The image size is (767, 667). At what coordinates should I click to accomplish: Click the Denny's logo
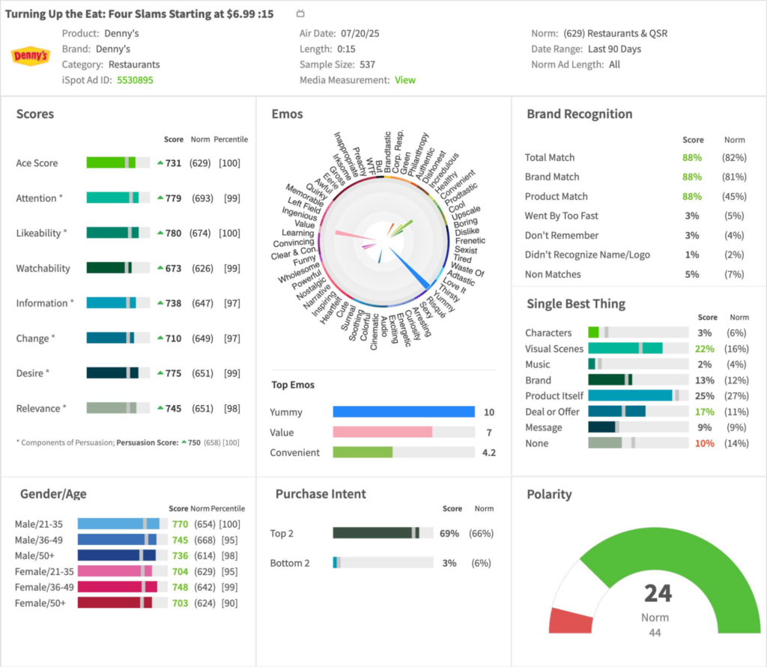[x=31, y=56]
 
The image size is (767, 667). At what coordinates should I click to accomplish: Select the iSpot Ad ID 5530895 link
[x=135, y=79]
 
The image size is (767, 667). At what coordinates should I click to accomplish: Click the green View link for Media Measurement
[x=405, y=79]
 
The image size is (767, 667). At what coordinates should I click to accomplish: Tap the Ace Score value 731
[x=173, y=163]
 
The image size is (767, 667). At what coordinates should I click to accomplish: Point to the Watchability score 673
[x=173, y=268]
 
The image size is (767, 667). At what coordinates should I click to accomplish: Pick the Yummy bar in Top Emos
[x=404, y=412]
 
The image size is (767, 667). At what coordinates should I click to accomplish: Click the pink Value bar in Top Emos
[x=383, y=432]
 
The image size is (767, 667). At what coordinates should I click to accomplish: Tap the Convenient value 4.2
[x=488, y=452]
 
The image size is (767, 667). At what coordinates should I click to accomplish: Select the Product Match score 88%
[x=691, y=196]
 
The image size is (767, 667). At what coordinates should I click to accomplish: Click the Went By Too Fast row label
[x=562, y=216]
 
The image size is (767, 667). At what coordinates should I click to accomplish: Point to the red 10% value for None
[x=706, y=443]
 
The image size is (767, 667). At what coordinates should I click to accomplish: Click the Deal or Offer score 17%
[x=706, y=411]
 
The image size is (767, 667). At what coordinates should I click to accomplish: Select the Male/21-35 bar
[x=118, y=524]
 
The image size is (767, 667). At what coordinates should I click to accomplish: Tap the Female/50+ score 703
[x=180, y=603]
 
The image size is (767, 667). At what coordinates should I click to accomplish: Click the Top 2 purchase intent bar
[x=382, y=533]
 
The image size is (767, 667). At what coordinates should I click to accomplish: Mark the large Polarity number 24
[x=658, y=594]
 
